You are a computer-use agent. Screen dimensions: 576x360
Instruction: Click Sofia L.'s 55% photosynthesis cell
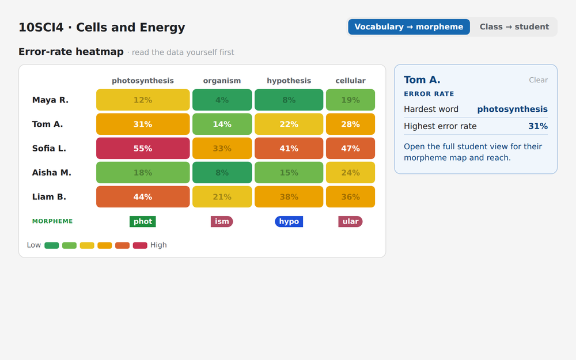(143, 149)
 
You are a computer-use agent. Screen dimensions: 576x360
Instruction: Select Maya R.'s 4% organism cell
(222, 100)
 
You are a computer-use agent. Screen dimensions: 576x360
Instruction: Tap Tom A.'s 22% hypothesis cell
(289, 124)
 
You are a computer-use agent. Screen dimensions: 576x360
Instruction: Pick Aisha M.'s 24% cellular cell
(350, 173)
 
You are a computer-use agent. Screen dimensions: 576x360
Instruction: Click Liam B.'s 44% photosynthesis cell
(143, 197)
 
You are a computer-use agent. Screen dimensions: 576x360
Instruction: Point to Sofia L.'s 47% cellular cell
(350, 149)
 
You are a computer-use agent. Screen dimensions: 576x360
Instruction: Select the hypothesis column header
(289, 81)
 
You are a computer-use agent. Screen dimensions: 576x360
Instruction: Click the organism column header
(222, 81)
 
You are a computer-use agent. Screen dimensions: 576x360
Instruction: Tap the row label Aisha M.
(51, 173)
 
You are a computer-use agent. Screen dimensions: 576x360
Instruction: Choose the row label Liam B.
(49, 197)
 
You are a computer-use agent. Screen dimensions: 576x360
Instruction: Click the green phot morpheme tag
(142, 222)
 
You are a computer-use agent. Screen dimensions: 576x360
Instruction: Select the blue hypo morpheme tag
(289, 222)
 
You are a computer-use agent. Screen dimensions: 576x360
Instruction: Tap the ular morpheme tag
(350, 222)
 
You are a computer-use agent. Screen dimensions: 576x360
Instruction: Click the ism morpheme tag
(222, 222)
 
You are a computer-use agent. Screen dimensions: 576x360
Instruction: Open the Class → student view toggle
(514, 27)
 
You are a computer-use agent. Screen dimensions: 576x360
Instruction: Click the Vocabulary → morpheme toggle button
(409, 27)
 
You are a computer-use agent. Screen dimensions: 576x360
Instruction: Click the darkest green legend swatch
(52, 245)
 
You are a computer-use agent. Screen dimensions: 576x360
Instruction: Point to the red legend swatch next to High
(140, 245)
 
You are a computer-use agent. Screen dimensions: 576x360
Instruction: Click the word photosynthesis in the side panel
(512, 109)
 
